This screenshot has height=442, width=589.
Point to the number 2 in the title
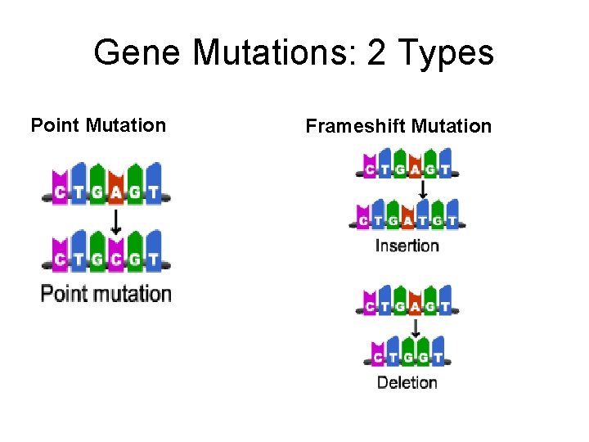[x=377, y=53]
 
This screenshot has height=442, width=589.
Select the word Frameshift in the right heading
[x=356, y=126]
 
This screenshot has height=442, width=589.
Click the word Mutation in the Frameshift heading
[x=452, y=126]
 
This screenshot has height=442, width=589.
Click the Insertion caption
[x=407, y=246]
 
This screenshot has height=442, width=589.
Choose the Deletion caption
[x=407, y=382]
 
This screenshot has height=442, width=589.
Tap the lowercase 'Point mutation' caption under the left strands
[x=106, y=293]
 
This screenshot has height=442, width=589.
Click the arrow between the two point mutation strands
[x=115, y=221]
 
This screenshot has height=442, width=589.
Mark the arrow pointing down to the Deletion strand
[x=416, y=328]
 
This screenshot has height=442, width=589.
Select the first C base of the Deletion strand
[x=378, y=358]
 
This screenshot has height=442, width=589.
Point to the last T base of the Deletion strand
[x=438, y=358]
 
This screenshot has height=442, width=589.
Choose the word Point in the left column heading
[x=55, y=125]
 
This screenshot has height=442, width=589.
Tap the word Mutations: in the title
[x=275, y=53]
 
